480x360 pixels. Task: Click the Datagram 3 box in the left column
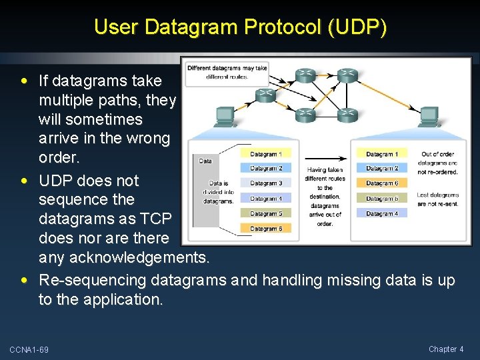pos(266,183)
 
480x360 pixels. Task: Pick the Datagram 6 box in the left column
pos(266,229)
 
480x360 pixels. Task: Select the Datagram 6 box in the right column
pos(382,183)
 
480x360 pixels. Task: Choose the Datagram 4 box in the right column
pos(382,213)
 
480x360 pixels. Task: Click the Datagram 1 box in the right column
pos(382,154)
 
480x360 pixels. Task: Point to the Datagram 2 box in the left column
pos(266,169)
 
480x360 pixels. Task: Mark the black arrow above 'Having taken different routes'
pos(325,159)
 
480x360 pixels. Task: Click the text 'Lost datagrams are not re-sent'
pos(437,199)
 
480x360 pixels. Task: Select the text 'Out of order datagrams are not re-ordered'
pos(437,163)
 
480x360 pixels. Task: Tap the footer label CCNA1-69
pos(29,350)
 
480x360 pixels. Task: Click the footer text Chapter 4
pos(446,349)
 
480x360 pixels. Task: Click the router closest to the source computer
pos(265,95)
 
